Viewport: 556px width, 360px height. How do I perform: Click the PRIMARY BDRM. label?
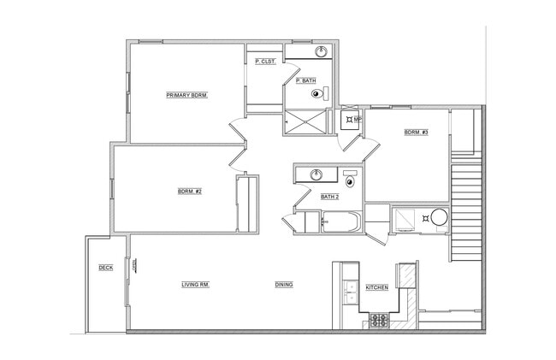(187, 95)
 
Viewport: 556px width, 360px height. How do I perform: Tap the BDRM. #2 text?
(189, 191)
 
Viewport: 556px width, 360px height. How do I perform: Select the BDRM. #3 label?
(416, 132)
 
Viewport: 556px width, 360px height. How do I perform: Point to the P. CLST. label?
(264, 61)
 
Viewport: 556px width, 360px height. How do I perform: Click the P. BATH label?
(305, 80)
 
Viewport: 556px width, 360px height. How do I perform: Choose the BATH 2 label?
(330, 197)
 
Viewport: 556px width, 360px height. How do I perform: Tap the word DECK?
(105, 268)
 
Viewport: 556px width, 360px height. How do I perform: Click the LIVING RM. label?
(196, 285)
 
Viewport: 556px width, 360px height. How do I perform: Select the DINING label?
(284, 285)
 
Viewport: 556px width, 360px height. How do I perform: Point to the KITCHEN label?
(377, 287)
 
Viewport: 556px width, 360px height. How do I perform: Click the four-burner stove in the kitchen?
(379, 321)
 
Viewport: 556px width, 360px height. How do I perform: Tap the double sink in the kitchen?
(349, 296)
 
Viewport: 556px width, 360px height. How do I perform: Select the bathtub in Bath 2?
(340, 223)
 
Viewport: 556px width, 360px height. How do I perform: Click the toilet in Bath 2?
(351, 180)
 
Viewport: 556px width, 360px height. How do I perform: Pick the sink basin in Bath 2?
(316, 175)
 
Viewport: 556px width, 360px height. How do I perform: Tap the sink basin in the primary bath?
(322, 52)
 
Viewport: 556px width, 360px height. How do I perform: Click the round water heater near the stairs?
(439, 218)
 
